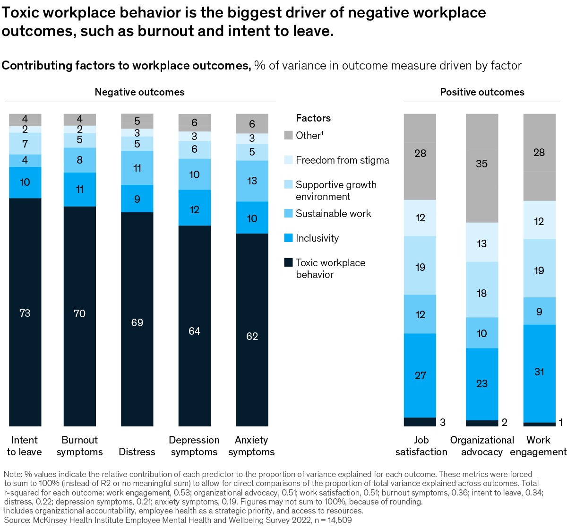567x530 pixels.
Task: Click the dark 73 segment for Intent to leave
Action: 25,313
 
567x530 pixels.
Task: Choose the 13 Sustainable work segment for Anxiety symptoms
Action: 252,181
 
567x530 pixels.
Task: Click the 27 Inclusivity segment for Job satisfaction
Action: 420,375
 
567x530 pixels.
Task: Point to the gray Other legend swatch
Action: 288,135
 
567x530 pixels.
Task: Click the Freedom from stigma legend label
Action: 342,160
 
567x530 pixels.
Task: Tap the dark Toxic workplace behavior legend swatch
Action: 288,262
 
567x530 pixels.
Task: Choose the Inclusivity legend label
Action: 317,238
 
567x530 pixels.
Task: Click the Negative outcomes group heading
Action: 139,92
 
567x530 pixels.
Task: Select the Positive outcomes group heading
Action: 482,92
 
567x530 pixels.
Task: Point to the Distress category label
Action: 137,452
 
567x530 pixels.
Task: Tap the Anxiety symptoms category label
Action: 251,446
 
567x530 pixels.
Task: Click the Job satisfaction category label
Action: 421,446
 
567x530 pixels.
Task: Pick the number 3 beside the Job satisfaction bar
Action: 443,422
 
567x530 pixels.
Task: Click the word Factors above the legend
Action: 313,118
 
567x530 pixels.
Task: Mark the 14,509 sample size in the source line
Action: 336,520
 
